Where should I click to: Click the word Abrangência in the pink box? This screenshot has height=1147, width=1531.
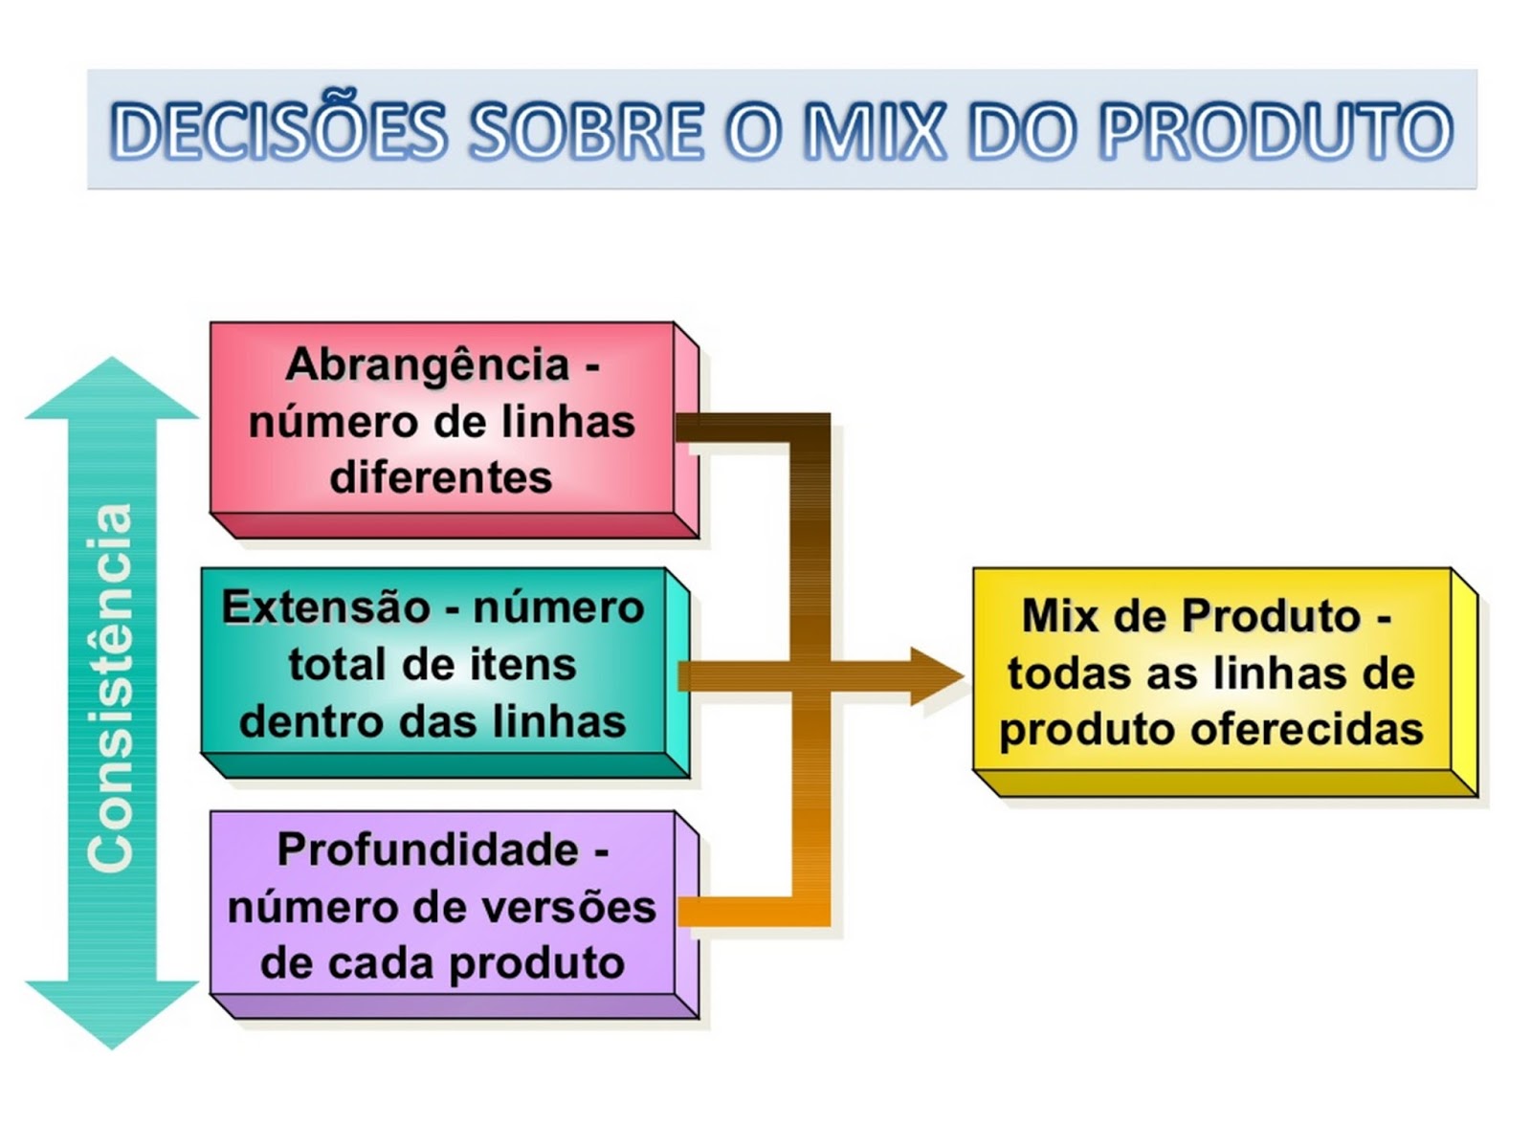tap(427, 365)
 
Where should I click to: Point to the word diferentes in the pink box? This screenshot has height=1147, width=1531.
tap(441, 477)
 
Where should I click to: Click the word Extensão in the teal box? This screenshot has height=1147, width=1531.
tap(326, 607)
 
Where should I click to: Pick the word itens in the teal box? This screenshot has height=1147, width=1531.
tap(529, 665)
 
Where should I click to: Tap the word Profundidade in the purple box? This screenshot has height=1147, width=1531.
tap(427, 849)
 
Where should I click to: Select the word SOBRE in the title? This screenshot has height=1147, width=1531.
tap(586, 131)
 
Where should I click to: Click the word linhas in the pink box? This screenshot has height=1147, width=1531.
tap(585, 422)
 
